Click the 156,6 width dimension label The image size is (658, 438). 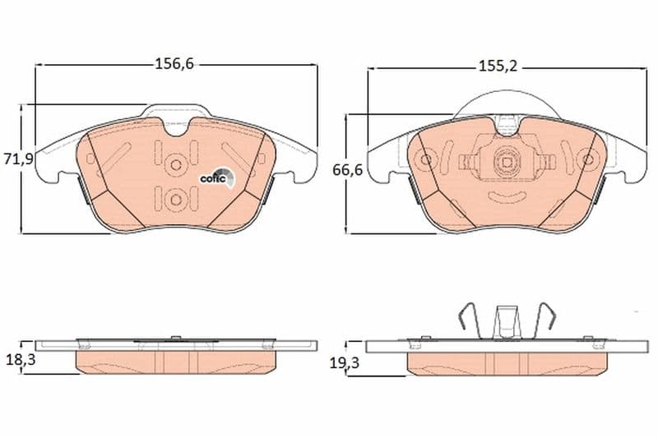tap(174, 64)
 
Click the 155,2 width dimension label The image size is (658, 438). tap(498, 67)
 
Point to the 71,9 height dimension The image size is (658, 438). tap(18, 159)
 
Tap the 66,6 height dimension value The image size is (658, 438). tap(347, 170)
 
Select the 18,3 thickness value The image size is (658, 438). tap(21, 359)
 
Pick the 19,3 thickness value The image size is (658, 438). tap(344, 363)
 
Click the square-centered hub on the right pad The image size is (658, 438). tap(507, 160)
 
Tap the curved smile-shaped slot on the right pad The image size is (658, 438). tap(507, 196)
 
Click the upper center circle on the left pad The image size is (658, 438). tap(176, 165)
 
